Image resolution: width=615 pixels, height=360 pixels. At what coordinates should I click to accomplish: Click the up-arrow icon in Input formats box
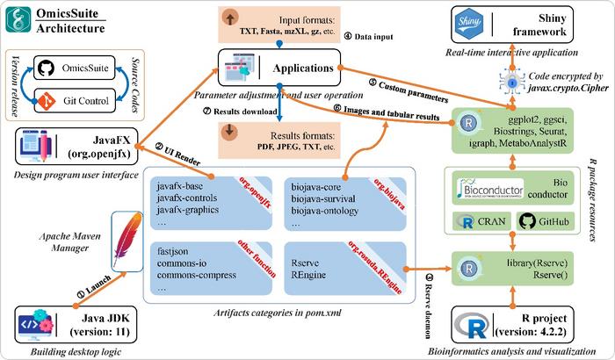[231, 20]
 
